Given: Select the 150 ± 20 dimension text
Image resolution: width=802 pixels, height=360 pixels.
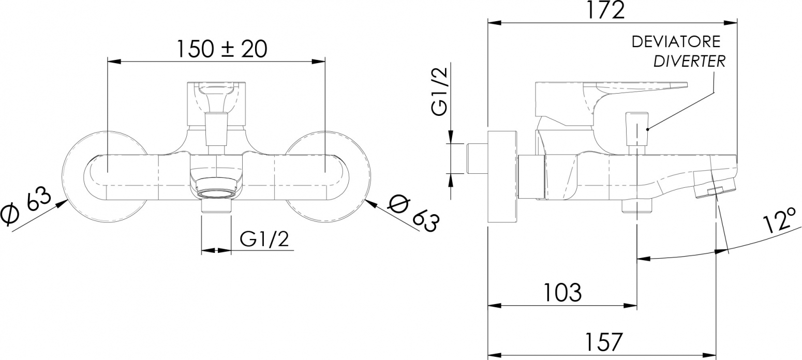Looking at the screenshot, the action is (x=222, y=49).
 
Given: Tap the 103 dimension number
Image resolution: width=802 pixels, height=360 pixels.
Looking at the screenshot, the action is (x=562, y=292).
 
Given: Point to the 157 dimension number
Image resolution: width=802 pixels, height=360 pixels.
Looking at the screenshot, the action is (x=604, y=342).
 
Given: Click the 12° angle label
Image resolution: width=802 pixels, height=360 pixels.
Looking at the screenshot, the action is (x=780, y=221).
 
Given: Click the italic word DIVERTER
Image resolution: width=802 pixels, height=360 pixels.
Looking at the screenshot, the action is (x=684, y=61).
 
